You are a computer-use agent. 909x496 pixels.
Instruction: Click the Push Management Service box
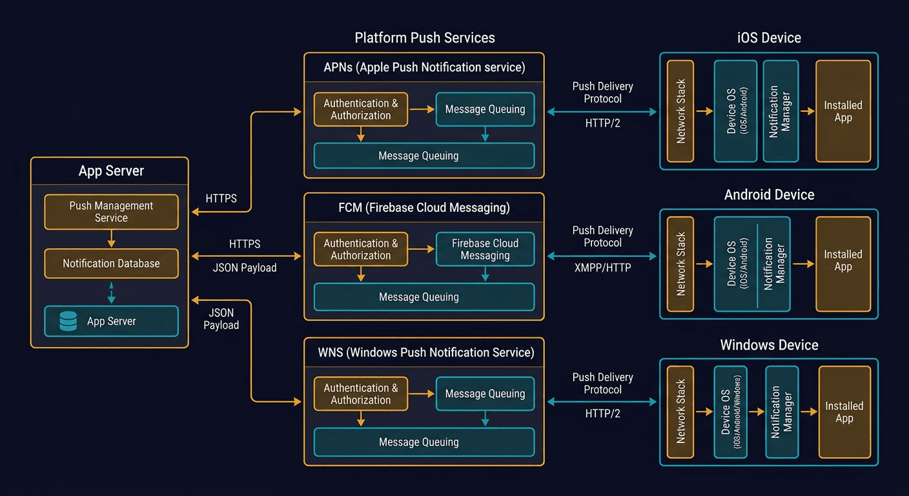[111, 212]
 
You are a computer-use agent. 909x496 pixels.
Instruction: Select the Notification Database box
[111, 263]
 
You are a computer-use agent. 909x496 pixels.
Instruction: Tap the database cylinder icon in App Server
[68, 321]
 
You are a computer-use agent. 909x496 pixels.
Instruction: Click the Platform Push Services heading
[424, 37]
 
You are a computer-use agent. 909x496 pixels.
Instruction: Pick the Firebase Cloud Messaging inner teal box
[485, 249]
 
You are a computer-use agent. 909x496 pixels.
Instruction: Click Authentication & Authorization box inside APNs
[360, 109]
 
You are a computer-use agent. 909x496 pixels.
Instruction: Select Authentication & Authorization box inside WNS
[360, 394]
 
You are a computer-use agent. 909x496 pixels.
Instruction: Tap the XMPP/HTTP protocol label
[602, 267]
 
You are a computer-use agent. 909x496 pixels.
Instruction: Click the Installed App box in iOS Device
[843, 111]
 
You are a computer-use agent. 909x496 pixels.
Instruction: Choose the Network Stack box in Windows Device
[680, 411]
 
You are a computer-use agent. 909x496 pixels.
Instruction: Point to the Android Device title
[769, 194]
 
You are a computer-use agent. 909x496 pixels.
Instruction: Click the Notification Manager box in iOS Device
[780, 111]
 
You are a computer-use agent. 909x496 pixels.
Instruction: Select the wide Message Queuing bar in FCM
[424, 297]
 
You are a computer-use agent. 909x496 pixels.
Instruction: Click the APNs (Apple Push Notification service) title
[424, 67]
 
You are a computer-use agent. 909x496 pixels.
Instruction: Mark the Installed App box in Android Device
[843, 263]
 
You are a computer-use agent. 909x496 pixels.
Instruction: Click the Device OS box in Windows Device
[730, 411]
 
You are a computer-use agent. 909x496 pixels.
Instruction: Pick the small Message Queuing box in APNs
[485, 109]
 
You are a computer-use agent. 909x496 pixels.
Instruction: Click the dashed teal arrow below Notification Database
[111, 292]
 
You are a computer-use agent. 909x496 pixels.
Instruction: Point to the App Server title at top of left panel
[111, 171]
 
